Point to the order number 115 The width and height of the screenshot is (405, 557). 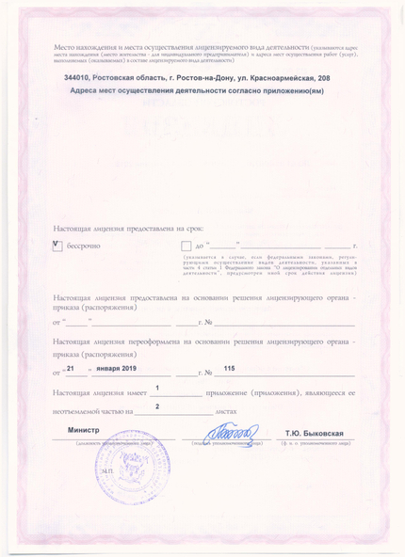229,368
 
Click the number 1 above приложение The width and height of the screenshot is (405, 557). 157,388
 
